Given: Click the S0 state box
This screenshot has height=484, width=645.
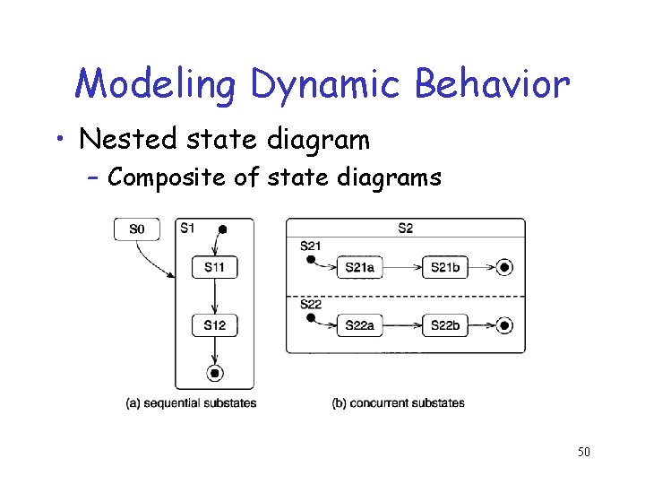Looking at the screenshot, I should tap(136, 229).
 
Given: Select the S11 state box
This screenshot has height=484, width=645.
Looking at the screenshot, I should tap(214, 266).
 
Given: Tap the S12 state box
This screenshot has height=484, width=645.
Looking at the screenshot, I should tap(214, 324).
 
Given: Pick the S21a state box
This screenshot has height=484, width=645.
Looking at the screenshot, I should tap(359, 267).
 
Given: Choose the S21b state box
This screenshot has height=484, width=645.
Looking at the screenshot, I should tap(445, 267).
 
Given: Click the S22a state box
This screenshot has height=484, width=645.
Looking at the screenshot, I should tap(359, 326).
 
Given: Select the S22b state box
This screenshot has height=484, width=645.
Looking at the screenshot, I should tap(445, 326).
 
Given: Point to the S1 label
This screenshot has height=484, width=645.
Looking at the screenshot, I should tap(186, 228).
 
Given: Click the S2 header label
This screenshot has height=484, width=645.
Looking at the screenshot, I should tap(405, 228).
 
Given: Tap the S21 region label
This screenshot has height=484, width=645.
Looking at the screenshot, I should tap(311, 246).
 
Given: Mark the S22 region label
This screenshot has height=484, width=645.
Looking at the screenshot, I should tap(311, 305).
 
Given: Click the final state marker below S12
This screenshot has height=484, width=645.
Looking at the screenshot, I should tap(215, 373).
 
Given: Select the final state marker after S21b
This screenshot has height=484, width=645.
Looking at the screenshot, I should tap(504, 267).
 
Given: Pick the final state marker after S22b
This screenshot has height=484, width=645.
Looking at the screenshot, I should tap(504, 326).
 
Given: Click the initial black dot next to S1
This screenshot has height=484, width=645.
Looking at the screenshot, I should tap(222, 229).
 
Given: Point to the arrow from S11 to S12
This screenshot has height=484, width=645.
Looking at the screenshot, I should tap(215, 295).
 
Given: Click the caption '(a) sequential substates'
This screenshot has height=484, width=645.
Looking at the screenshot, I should tap(191, 402).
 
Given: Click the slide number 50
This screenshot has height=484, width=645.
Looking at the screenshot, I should tap(583, 452).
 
